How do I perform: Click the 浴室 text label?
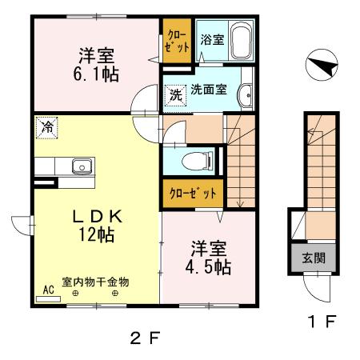pyautogui.click(x=210, y=37)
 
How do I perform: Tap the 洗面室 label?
pyautogui.click(x=210, y=91)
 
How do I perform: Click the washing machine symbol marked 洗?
pyautogui.click(x=175, y=94)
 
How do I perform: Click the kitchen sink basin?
pyautogui.click(x=81, y=167)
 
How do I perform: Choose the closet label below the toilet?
pyautogui.click(x=192, y=194)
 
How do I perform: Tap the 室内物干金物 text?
pyautogui.click(x=95, y=282)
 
